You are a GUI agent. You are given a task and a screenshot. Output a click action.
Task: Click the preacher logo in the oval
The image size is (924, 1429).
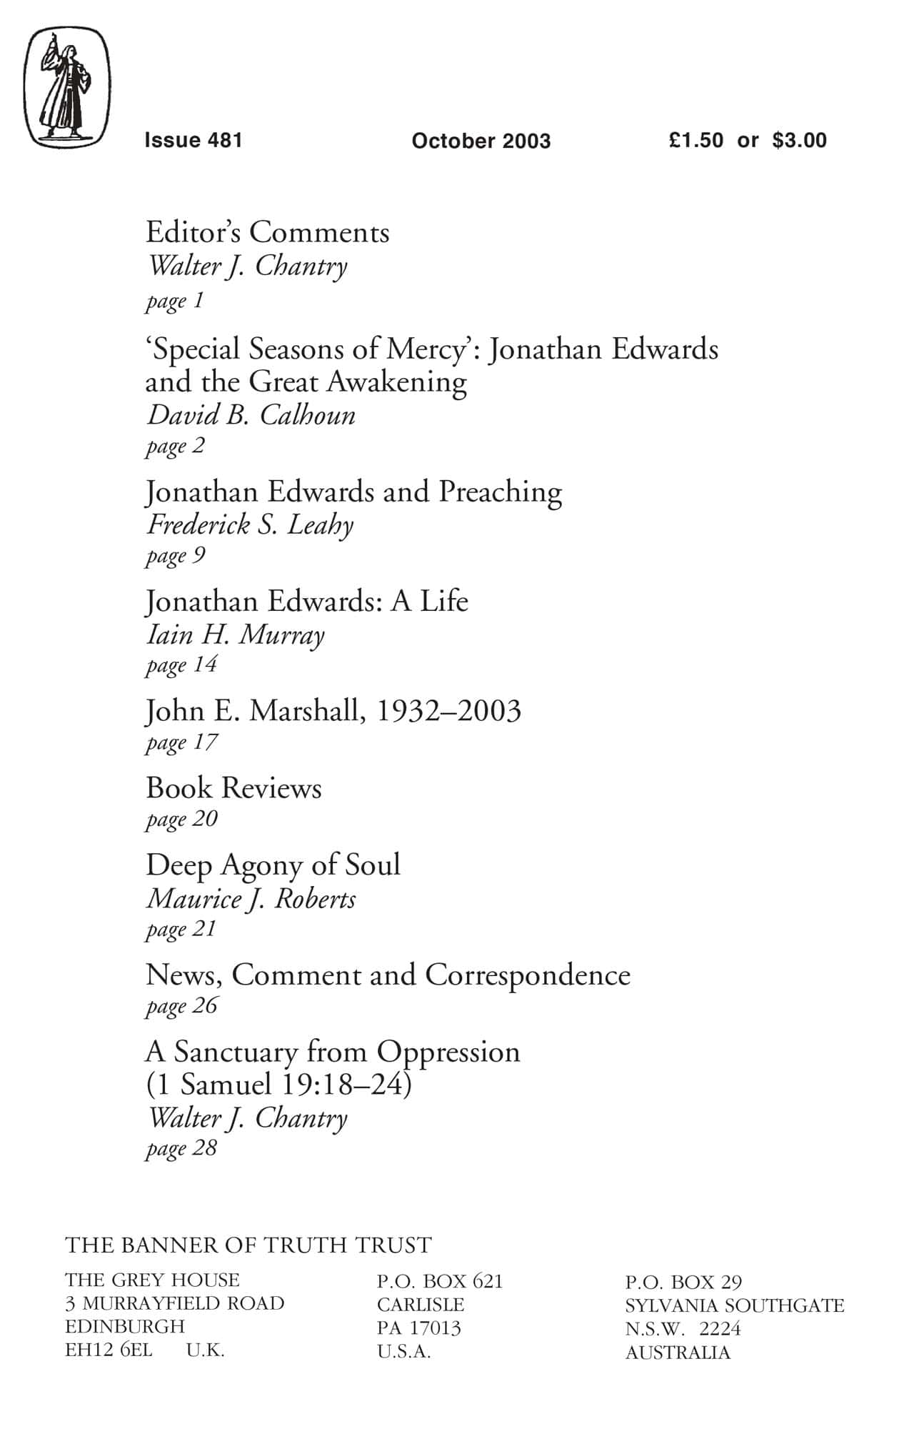[67, 87]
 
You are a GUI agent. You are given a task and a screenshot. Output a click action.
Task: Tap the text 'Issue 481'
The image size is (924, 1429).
[194, 140]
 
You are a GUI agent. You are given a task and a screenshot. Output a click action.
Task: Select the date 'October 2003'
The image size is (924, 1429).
[481, 141]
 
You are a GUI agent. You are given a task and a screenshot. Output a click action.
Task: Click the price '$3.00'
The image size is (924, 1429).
[799, 140]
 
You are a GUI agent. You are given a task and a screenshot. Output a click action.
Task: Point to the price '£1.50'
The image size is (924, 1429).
[696, 140]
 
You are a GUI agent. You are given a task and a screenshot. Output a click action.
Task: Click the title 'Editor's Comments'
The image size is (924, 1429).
[268, 233]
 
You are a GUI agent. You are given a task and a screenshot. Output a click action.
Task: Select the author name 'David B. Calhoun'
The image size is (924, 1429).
[251, 415]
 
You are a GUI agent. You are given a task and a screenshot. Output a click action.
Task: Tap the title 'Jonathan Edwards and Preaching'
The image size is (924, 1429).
[353, 492]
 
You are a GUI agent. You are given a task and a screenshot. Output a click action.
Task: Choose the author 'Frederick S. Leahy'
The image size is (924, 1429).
[250, 525]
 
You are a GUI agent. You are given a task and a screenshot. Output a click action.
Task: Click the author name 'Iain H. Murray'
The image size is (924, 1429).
[235, 634]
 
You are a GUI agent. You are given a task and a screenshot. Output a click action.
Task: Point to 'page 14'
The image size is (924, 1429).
[181, 666]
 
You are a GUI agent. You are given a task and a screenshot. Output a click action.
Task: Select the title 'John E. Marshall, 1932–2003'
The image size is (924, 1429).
[333, 711]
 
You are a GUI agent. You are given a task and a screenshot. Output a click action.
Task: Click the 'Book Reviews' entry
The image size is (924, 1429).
[233, 788]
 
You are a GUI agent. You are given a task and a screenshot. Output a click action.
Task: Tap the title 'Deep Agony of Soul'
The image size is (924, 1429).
[273, 865]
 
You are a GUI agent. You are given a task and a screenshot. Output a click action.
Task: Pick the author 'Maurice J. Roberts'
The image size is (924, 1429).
[251, 899]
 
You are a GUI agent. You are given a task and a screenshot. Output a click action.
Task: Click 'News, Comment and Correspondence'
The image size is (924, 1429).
[388, 975]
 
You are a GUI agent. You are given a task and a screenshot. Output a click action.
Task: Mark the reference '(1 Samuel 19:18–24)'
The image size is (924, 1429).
[278, 1085]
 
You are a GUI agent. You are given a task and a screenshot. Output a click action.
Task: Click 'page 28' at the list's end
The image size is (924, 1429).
[181, 1149]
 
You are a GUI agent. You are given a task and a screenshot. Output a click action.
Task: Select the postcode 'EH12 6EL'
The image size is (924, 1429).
[109, 1350]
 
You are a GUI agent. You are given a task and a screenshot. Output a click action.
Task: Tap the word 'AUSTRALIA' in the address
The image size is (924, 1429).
[678, 1353]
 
